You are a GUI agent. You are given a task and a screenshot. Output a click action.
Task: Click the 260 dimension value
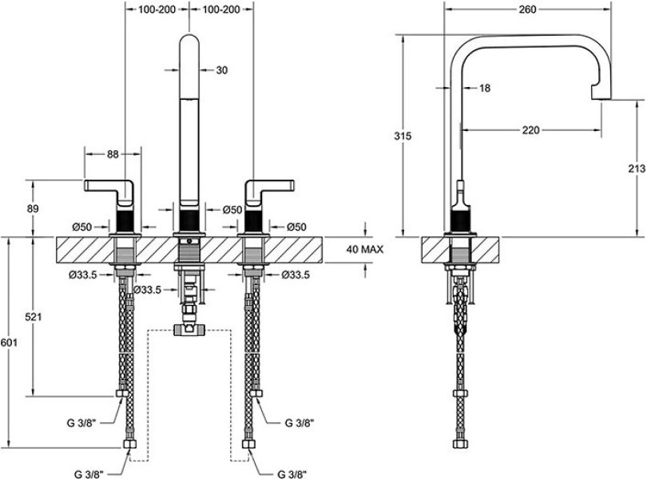click(526, 10)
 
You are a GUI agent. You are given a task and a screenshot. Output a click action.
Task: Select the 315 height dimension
click(403, 137)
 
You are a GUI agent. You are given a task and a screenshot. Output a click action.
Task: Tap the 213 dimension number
click(637, 168)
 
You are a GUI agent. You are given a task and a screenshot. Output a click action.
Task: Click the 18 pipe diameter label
click(486, 89)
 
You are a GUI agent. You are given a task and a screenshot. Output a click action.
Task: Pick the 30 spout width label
click(222, 70)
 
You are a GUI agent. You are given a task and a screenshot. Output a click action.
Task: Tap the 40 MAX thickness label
click(365, 249)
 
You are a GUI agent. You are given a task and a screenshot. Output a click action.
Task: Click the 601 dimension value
click(9, 342)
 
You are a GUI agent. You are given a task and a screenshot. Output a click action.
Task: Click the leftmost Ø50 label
click(84, 228)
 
